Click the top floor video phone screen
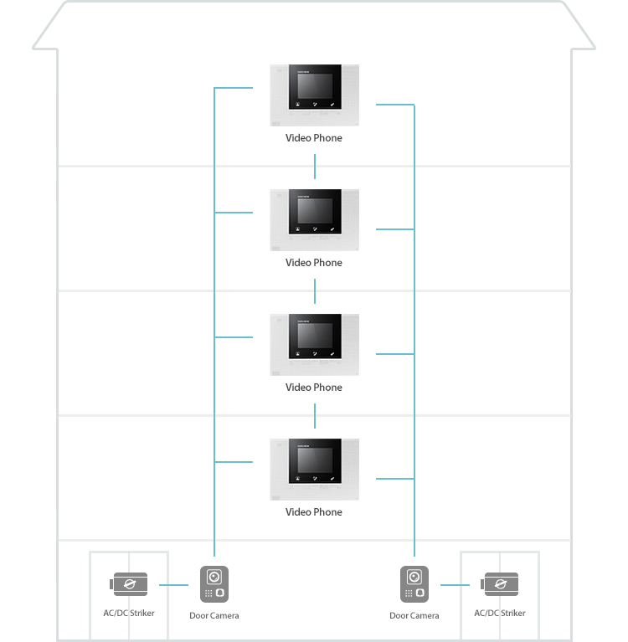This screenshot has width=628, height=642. click(x=315, y=86)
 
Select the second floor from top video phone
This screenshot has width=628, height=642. click(x=314, y=220)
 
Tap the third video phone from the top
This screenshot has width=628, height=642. click(x=314, y=345)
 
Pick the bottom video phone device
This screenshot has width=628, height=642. click(x=314, y=470)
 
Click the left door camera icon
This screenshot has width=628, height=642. click(x=214, y=584)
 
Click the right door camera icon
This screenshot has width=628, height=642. click(x=414, y=584)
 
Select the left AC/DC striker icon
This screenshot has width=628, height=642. click(x=129, y=584)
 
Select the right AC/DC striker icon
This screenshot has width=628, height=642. click(x=499, y=584)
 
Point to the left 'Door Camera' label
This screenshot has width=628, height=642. click(x=214, y=615)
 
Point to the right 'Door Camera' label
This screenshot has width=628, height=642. click(x=414, y=615)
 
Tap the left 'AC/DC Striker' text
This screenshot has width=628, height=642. click(x=129, y=613)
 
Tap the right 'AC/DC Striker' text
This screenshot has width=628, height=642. click(x=499, y=613)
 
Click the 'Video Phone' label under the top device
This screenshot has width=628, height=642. click(x=314, y=138)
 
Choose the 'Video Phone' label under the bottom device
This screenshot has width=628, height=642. click(x=314, y=512)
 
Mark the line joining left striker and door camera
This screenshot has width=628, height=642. click(x=173, y=585)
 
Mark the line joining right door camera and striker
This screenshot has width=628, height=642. click(x=456, y=585)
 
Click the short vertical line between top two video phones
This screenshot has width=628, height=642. click(x=315, y=167)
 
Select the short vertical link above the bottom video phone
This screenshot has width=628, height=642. click(x=315, y=416)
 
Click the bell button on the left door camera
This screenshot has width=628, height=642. click(x=220, y=593)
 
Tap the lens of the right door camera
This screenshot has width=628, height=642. click(x=414, y=577)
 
